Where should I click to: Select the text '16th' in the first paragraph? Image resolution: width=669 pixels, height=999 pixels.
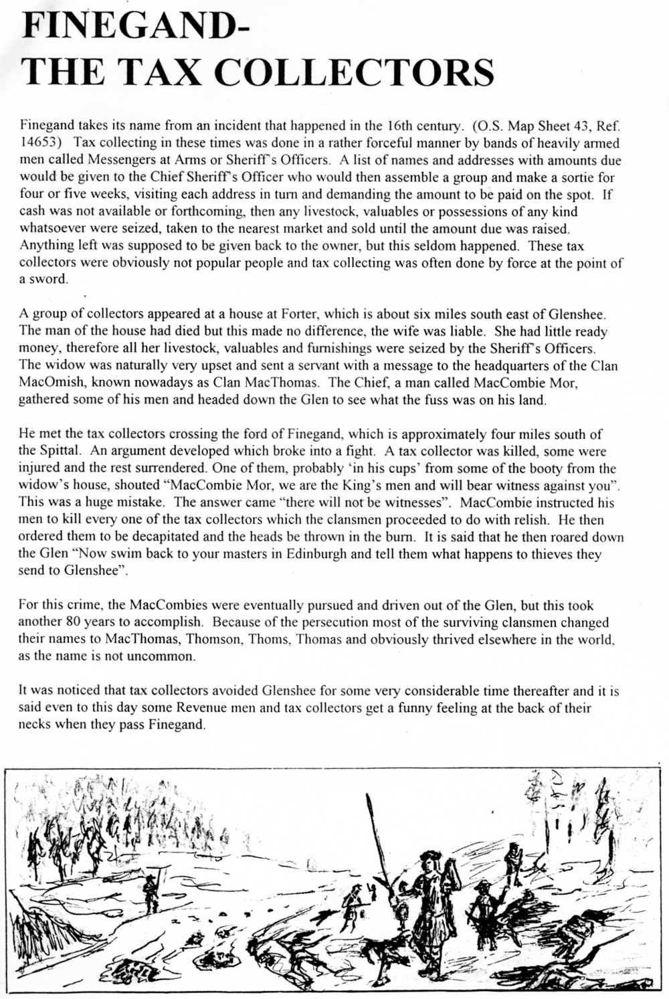pos(397,126)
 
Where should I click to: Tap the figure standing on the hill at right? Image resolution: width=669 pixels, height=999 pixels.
pos(512,864)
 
